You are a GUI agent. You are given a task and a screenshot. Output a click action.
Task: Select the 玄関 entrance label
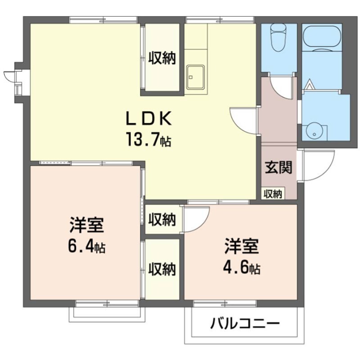point(278,167)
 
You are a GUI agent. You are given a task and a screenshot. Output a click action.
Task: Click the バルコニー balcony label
point(245,324)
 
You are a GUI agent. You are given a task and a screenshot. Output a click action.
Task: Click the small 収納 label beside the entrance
point(273,194)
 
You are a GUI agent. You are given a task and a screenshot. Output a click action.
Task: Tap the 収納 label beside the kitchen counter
point(162,58)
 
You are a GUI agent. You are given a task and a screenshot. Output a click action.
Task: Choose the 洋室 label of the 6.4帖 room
point(87,224)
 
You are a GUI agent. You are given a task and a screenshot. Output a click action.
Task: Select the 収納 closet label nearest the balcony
point(162,269)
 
